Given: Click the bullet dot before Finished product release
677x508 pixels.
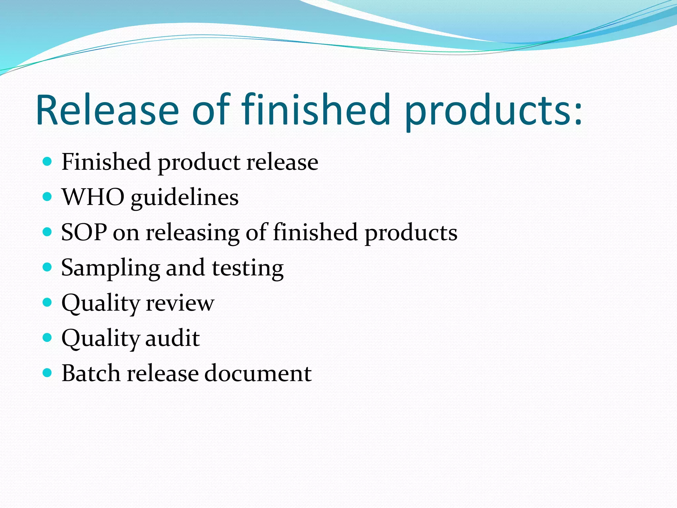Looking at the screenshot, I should [48, 162].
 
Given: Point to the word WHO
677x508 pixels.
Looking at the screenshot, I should [93, 197].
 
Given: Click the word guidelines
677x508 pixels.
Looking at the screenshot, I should [184, 198].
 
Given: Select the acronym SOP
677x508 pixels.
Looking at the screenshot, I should [84, 232].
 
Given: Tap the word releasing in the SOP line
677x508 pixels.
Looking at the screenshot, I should [193, 233].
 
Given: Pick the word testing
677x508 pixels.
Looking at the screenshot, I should [248, 269].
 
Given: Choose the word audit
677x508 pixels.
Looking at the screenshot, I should [172, 338].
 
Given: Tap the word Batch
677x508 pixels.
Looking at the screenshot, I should [91, 373].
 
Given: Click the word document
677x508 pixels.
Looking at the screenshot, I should [258, 373].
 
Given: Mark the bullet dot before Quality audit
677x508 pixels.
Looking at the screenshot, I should [48, 337].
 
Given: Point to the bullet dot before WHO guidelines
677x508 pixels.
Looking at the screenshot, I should [48, 197].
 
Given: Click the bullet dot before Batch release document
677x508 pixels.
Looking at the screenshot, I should [48, 373].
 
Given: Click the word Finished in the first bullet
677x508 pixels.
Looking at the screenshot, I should [106, 162].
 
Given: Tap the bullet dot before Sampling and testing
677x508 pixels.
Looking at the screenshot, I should [48, 267].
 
